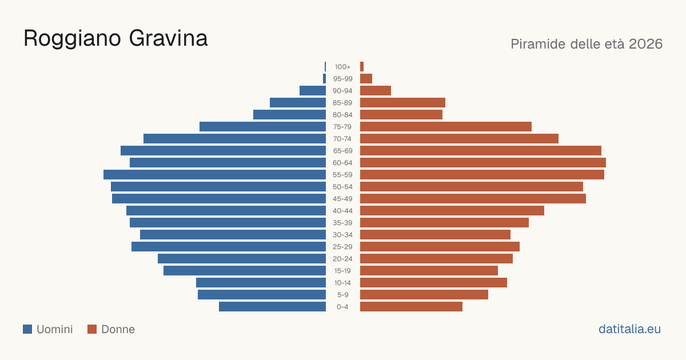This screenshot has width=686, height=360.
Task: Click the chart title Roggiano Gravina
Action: (x=115, y=39)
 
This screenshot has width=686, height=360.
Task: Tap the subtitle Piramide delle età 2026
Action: (x=587, y=44)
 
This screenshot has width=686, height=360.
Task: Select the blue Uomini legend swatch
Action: (x=27, y=329)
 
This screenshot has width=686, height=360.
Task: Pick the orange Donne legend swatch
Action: (x=92, y=329)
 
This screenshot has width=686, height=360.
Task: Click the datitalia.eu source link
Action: (x=629, y=329)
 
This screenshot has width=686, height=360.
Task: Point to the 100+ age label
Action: (x=342, y=67)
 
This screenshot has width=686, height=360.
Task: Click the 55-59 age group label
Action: (x=342, y=175)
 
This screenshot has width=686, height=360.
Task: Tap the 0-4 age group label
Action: (x=342, y=307)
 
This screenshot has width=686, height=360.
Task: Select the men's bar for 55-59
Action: (x=215, y=175)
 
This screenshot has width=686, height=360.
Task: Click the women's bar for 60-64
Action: (x=483, y=163)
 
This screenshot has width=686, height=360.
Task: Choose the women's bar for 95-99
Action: (x=366, y=79)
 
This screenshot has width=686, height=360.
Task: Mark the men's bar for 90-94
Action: (x=313, y=91)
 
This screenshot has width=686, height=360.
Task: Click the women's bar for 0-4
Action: (x=411, y=307)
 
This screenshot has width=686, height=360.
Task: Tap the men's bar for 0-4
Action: (x=272, y=307)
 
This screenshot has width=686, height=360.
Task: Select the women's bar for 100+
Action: (x=362, y=67)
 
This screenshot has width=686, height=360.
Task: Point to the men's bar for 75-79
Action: (x=263, y=127)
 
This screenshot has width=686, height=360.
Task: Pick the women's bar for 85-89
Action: (x=402, y=103)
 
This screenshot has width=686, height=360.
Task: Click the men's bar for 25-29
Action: (x=229, y=247)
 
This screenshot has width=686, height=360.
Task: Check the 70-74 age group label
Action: (x=342, y=139)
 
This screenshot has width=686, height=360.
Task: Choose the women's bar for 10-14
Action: (x=434, y=282)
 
